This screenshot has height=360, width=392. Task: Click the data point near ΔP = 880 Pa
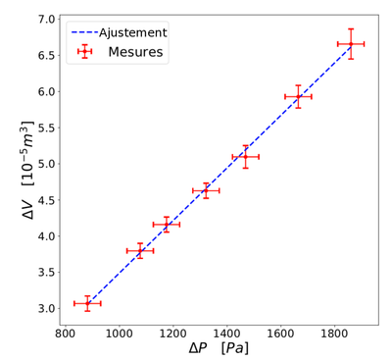(87, 303)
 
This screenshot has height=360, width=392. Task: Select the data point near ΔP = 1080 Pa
(140, 250)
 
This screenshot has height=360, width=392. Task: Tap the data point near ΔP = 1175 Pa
(167, 225)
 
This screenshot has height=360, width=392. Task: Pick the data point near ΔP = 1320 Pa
(206, 190)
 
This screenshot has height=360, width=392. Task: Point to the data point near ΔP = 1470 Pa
(246, 157)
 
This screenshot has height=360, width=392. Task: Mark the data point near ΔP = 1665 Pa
(298, 96)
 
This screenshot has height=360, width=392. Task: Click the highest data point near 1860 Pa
(351, 43)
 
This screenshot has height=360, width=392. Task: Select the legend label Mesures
(135, 51)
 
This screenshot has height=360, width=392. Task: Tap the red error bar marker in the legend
(84, 51)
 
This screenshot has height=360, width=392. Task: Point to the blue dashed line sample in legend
(84, 32)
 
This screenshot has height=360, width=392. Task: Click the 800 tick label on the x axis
(67, 334)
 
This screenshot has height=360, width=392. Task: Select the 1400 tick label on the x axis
(227, 334)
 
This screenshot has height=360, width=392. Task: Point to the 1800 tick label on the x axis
(334, 334)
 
